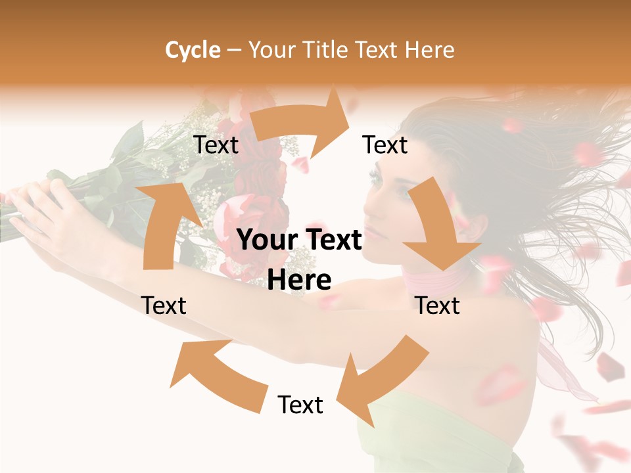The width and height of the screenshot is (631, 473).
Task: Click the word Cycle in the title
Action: click(x=193, y=50)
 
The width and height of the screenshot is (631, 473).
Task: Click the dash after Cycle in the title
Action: click(x=233, y=51)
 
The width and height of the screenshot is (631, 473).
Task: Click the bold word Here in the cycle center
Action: click(x=299, y=280)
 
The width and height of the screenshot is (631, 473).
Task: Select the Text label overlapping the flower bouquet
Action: click(x=216, y=145)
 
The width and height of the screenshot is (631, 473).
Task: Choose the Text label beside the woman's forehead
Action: click(x=385, y=145)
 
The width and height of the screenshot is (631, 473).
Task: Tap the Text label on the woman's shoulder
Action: click(x=438, y=305)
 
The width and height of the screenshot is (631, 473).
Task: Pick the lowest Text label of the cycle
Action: click(x=300, y=405)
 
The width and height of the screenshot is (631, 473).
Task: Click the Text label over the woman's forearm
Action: click(x=164, y=305)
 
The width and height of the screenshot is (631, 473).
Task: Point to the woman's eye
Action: click(x=376, y=175)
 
